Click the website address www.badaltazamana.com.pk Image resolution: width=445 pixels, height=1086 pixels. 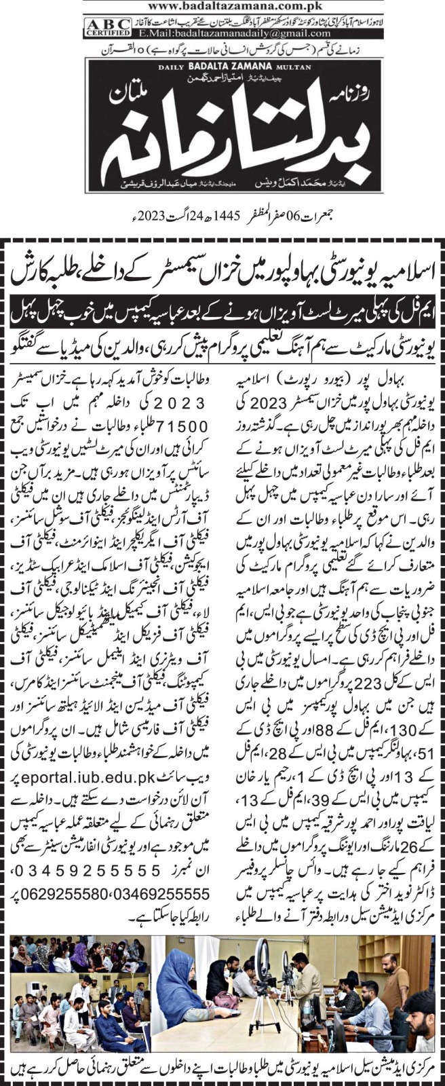pos(222,6)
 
